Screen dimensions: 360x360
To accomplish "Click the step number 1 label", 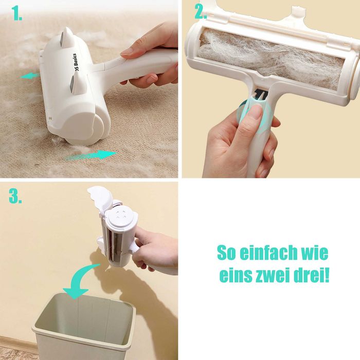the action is (x=17, y=14).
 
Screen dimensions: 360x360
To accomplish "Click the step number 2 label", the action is (x=200, y=12).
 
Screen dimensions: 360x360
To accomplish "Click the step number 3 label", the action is (x=15, y=196).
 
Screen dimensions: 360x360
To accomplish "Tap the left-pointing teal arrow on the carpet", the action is (x=30, y=76).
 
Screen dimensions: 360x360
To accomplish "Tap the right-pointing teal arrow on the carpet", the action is (x=92, y=155).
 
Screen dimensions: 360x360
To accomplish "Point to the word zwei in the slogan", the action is (x=273, y=275).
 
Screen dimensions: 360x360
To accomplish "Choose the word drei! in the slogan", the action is (x=312, y=275).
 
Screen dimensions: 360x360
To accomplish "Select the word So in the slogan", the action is (x=226, y=253).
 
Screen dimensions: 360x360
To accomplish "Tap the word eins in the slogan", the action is (x=236, y=275).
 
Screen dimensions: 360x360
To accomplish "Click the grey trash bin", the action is (x=83, y=326).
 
